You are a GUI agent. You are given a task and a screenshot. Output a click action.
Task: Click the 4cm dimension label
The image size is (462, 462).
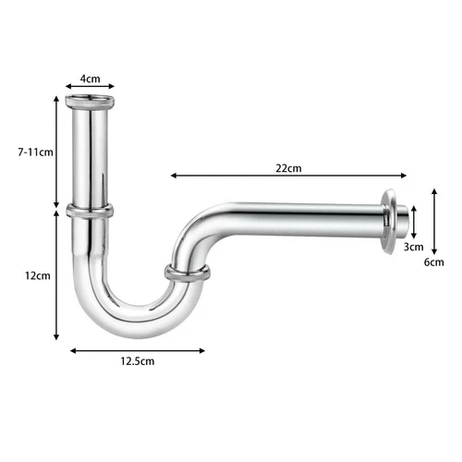point(90,79)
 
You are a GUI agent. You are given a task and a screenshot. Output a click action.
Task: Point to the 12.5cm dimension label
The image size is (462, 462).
point(137,361)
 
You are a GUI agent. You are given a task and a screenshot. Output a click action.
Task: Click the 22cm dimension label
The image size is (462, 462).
point(287,168)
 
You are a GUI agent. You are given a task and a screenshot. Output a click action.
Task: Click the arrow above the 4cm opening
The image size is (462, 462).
point(90,90)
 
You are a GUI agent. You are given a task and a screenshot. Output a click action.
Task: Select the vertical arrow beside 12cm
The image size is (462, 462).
point(57,274)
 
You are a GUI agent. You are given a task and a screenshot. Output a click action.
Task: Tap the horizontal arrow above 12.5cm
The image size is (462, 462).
point(137,349)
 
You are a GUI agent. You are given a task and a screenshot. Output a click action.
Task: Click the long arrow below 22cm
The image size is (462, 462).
point(288,176)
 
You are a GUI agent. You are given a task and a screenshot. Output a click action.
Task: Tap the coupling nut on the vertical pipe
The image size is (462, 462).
point(89,211)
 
